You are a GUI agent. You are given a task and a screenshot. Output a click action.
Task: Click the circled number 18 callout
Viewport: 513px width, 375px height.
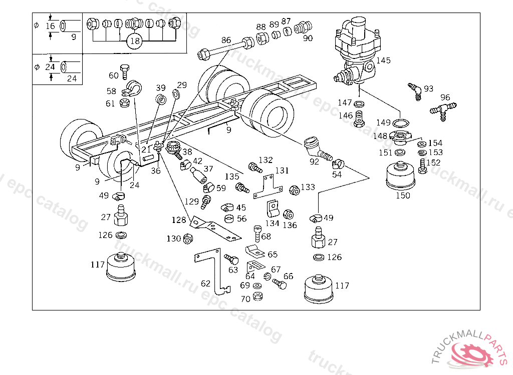(x=134, y=41)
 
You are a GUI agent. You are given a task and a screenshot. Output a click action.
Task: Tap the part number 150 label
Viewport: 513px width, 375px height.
(x=403, y=195)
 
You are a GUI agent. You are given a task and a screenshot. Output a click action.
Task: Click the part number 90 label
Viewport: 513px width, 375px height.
(x=308, y=38)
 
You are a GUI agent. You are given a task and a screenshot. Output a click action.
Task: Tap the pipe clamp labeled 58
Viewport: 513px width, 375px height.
(x=133, y=88)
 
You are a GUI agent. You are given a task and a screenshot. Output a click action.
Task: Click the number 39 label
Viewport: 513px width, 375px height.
(x=160, y=88)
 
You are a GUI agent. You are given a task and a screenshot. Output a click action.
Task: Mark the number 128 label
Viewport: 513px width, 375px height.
(x=178, y=220)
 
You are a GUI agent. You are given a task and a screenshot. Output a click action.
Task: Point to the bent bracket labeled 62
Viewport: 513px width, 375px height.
(x=213, y=270)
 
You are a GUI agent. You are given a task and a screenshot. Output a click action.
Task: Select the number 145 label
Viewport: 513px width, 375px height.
(x=383, y=60)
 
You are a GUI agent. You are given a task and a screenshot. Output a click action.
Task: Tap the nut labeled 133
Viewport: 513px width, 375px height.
(x=295, y=190)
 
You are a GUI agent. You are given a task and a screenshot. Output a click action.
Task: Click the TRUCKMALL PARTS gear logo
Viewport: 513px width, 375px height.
(x=473, y=353)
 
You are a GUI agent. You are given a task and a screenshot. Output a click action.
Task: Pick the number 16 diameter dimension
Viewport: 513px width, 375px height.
(x=50, y=26)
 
